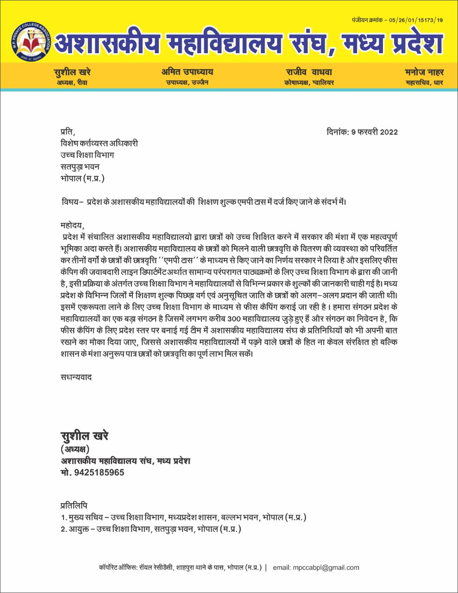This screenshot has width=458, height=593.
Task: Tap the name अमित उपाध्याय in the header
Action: click(x=187, y=72)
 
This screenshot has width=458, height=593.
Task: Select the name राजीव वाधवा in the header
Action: click(x=309, y=72)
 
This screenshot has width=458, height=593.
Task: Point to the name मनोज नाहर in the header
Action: click(x=424, y=72)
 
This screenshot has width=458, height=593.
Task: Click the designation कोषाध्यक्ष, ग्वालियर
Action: click(x=309, y=83)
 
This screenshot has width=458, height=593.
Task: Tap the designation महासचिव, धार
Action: click(x=424, y=83)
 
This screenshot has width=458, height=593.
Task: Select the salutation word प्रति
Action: click(x=67, y=132)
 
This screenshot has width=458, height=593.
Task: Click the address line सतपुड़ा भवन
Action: click(x=80, y=167)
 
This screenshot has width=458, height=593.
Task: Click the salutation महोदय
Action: click(x=73, y=226)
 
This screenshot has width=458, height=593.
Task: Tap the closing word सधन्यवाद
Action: click(x=76, y=377)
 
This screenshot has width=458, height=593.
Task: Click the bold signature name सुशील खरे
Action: click(x=84, y=436)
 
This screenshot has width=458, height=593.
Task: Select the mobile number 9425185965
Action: click(x=99, y=473)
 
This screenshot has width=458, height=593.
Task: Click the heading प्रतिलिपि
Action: click(x=74, y=505)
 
